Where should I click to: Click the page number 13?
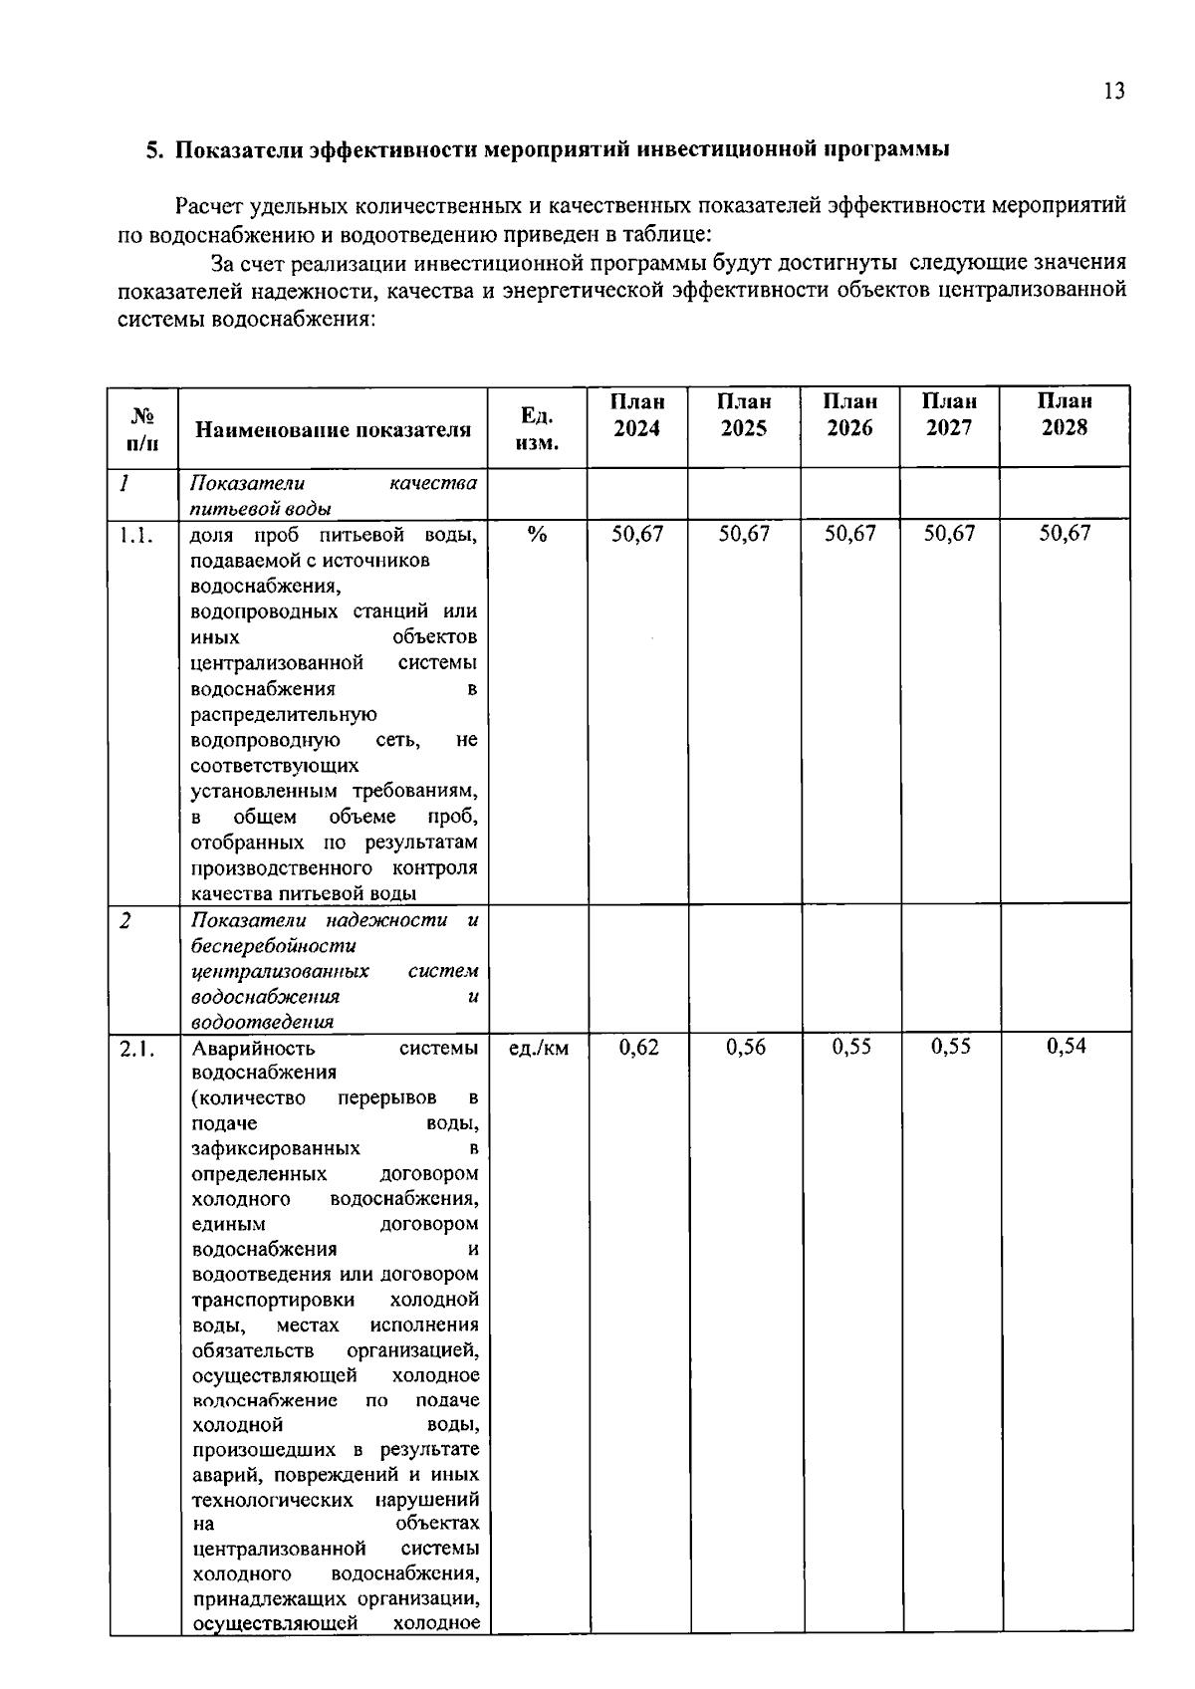coord(1114,92)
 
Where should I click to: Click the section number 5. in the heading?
coord(154,150)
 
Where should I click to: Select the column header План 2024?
coord(637,415)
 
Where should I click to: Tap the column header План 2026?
coord(849,415)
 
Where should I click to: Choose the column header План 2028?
coord(1064,415)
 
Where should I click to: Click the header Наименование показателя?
coord(333,430)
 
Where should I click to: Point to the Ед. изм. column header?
coord(537,428)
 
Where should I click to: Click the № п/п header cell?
coord(142,428)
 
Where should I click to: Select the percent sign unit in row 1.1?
coord(537,535)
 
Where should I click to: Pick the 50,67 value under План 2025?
coord(744,534)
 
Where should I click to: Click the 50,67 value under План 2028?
coord(1065,534)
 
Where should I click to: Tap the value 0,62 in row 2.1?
coord(638,1047)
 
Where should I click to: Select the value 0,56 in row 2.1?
coord(745,1047)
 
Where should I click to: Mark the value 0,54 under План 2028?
coord(1066,1047)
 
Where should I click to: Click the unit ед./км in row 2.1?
coord(538,1048)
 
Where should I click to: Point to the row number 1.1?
coord(136,535)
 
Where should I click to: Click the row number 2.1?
coord(136,1048)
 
